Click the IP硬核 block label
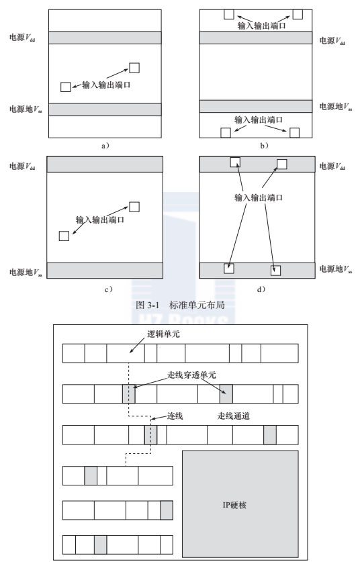234,505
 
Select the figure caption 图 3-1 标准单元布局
181,305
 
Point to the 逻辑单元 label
163,334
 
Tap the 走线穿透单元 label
192,375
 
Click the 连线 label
175,416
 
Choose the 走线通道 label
234,416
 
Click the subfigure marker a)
105,146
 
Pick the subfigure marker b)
264,146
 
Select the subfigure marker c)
108,289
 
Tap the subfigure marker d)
261,289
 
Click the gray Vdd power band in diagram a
105,38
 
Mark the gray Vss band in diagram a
105,109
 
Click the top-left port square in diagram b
229,14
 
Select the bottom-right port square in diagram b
294,133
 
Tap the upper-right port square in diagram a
134,68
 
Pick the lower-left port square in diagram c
64,236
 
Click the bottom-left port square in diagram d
229,269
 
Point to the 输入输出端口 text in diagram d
259,197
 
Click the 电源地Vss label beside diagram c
26,273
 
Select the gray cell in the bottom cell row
100,545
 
